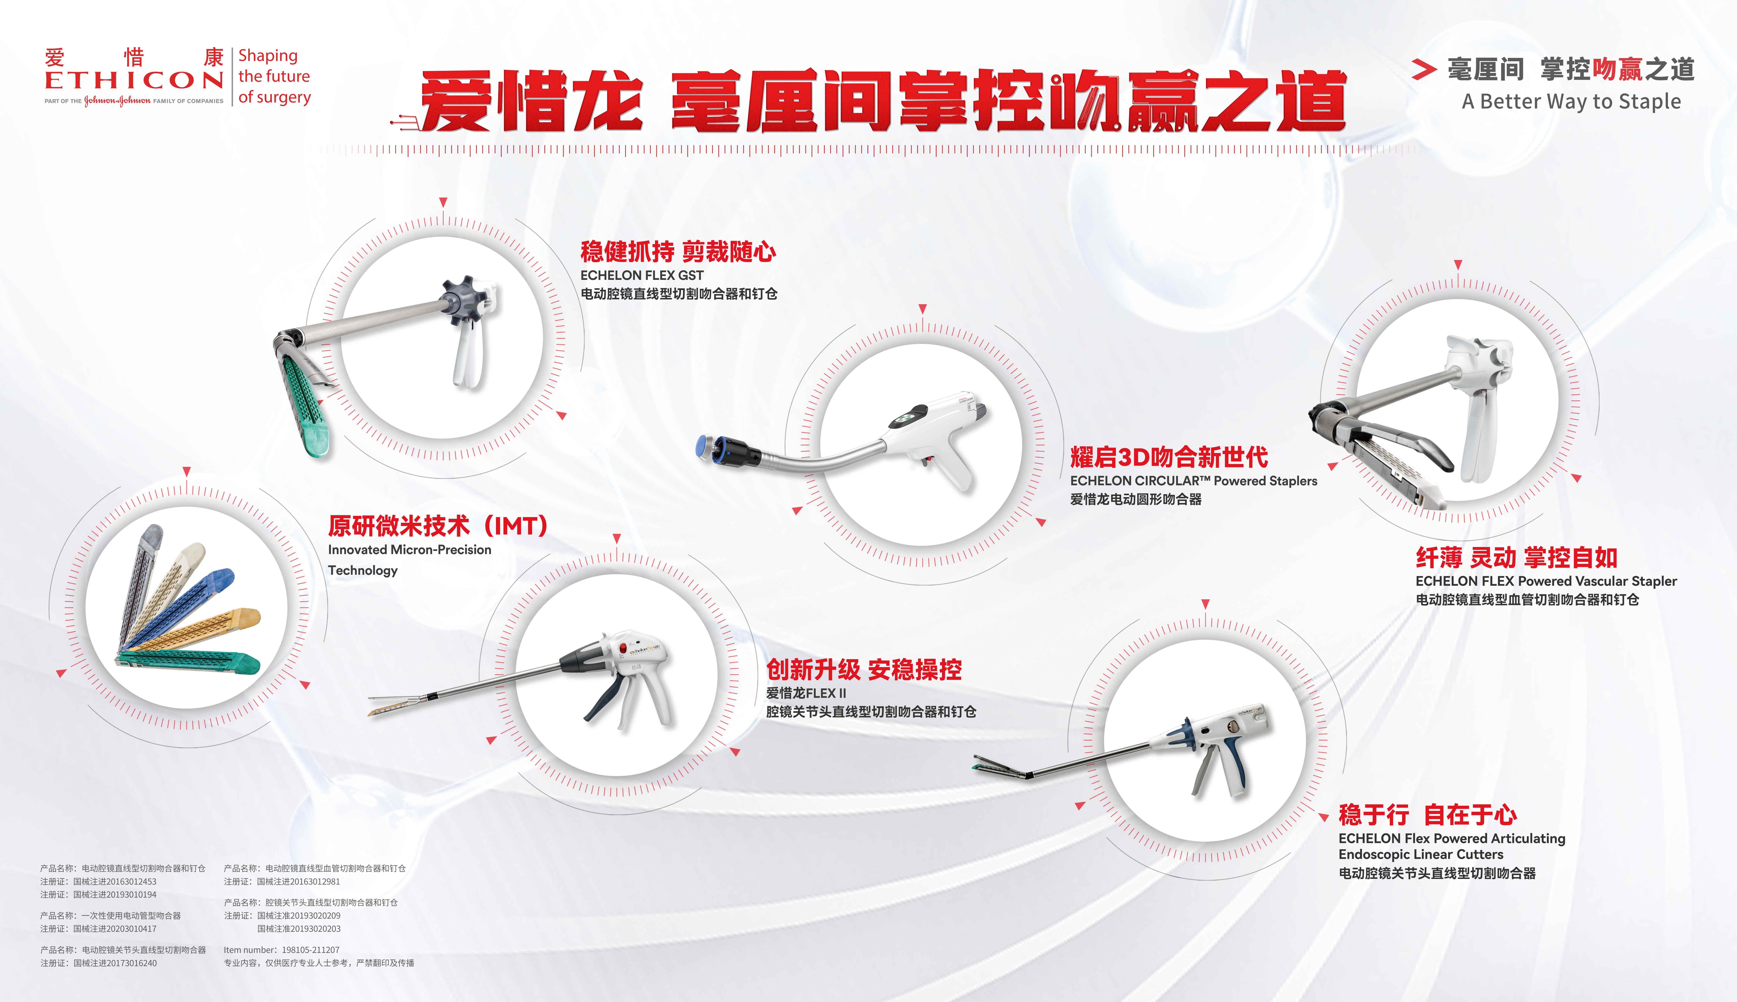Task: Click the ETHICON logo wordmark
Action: tap(134, 80)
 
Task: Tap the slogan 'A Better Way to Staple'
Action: tap(1571, 102)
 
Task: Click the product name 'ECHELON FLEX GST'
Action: tap(641, 275)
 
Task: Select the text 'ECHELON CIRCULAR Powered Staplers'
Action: tap(1193, 481)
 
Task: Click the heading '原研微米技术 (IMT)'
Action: tap(438, 526)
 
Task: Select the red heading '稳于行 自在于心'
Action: tap(1427, 815)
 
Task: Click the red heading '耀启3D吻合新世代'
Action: tap(1169, 457)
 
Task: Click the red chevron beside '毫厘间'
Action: tap(1423, 69)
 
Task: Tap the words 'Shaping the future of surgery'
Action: tap(274, 76)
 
